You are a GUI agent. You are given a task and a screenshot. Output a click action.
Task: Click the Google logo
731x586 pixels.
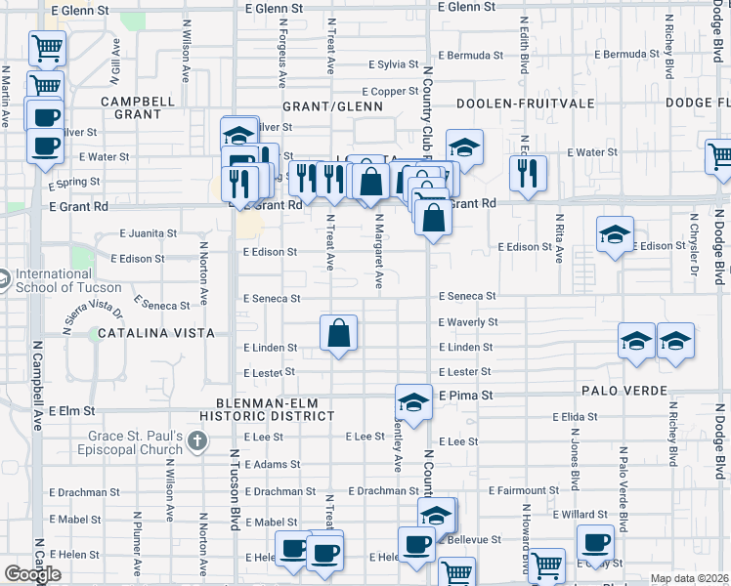click(x=32, y=574)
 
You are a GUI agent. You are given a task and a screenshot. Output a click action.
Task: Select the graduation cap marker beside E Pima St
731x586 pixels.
click(x=413, y=402)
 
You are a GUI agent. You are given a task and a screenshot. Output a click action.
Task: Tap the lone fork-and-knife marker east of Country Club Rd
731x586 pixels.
click(x=529, y=173)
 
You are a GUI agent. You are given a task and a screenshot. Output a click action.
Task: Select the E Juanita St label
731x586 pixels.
click(x=148, y=233)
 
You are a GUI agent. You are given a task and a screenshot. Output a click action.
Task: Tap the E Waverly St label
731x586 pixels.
click(x=468, y=322)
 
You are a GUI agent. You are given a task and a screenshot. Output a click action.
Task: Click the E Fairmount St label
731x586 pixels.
click(x=522, y=490)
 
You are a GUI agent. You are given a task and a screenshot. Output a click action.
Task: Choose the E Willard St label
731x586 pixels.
click(x=581, y=514)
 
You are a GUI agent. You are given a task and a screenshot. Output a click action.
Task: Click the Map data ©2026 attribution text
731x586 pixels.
click(x=690, y=578)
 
